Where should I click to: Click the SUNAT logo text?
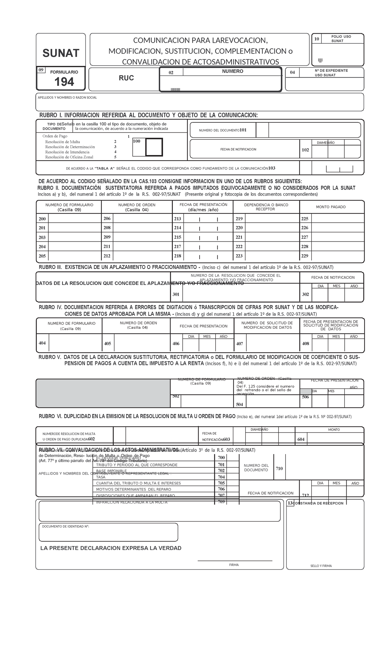pyautogui.click(x=61, y=53)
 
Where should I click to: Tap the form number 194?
pyautogui.click(x=64, y=82)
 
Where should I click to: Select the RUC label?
pyautogui.click(x=126, y=78)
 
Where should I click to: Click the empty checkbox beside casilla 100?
pyautogui.click(x=154, y=147)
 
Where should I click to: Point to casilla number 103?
pyautogui.click(x=271, y=168)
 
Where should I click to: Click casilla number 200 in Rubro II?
pyautogui.click(x=42, y=219)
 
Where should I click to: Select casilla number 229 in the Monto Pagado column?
pyautogui.click(x=305, y=256)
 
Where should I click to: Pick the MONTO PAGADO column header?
pyautogui.click(x=331, y=207)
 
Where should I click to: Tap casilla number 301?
pyautogui.click(x=176, y=294)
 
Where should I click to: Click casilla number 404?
pyautogui.click(x=42, y=343)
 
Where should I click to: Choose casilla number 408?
pyautogui.click(x=305, y=343)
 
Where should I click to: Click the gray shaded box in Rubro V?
pyautogui.click(x=103, y=393)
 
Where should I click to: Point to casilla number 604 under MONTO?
pyautogui.click(x=301, y=439)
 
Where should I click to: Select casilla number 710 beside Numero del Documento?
pyautogui.click(x=279, y=469)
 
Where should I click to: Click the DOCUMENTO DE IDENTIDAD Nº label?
pyautogui.click(x=65, y=527)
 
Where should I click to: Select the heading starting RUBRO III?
pyautogui.click(x=186, y=267)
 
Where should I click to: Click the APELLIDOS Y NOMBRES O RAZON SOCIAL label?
pyautogui.click(x=67, y=98)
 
